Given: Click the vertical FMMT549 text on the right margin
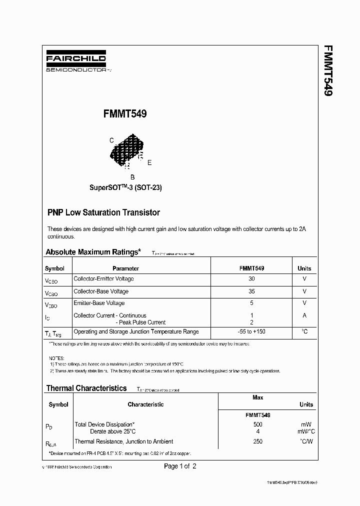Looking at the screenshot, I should (328, 70).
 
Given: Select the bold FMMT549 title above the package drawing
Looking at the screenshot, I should (124, 114).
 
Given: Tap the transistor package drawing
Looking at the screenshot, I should (127, 150).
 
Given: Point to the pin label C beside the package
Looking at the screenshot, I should (111, 140).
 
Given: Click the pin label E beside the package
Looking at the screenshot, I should (149, 162).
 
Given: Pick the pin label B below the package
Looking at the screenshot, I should (132, 177).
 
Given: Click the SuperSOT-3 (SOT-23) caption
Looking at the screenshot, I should (125, 188).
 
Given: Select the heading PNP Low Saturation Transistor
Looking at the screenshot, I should (103, 212).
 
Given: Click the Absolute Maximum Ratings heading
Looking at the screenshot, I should (93, 252).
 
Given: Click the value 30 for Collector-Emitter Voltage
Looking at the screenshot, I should (251, 279).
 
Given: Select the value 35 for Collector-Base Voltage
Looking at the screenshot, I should (251, 291).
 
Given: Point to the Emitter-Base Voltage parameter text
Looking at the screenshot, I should (99, 303).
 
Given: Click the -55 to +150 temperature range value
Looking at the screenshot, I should (251, 331).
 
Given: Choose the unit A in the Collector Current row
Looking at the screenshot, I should (304, 315).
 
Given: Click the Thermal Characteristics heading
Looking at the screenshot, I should (86, 388).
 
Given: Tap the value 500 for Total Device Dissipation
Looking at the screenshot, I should (258, 424).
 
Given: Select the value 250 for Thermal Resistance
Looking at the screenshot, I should (258, 441).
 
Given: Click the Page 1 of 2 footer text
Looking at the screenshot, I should (180, 466).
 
